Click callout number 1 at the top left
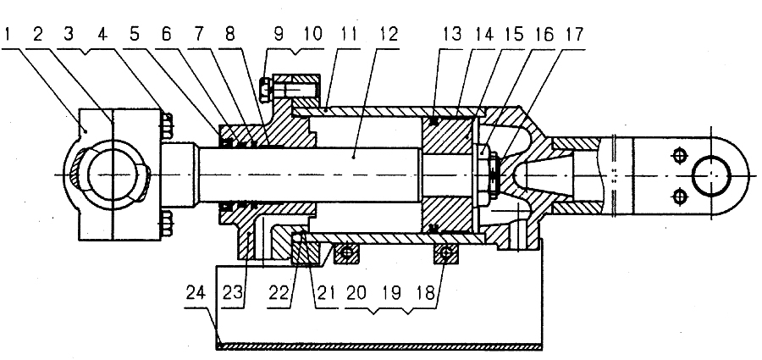tap(8, 35)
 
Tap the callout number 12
tap(387, 35)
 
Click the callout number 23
tap(235, 293)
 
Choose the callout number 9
tap(279, 35)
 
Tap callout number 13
tap(452, 35)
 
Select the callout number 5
tap(135, 35)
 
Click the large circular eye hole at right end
tap(711, 175)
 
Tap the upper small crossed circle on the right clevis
tap(679, 156)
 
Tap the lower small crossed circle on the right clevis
tap(679, 197)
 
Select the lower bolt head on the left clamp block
tap(166, 224)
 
